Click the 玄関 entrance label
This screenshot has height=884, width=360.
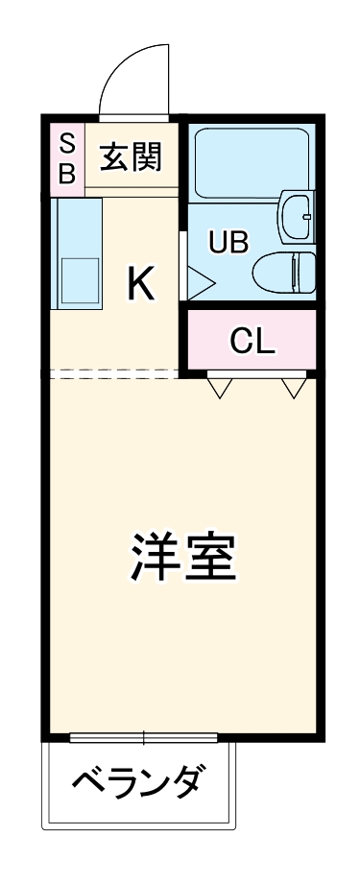[x=132, y=155]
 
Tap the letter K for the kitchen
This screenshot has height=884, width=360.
[x=140, y=281]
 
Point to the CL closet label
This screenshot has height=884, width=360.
[x=252, y=341]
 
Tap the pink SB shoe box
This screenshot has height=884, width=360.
[x=66, y=158]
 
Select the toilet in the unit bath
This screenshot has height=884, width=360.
[x=284, y=271]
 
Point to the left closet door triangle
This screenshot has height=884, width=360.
[x=221, y=387]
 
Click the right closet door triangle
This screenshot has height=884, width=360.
[x=295, y=387]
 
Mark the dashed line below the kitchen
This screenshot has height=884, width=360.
[x=115, y=374]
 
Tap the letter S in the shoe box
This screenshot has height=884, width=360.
[x=66, y=143]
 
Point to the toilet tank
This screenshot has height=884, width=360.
[x=306, y=271]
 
